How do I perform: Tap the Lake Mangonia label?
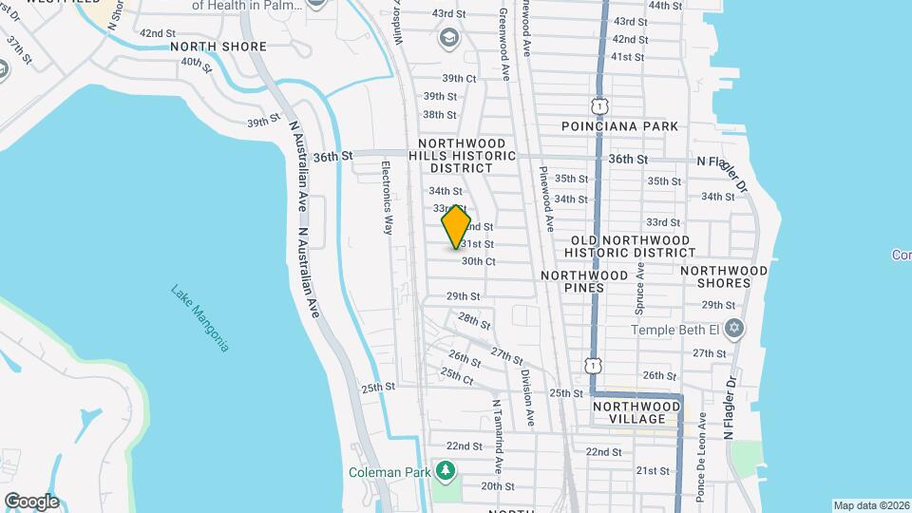[x=200, y=318]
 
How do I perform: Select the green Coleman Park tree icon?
[x=445, y=471]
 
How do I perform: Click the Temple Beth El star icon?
[x=732, y=330]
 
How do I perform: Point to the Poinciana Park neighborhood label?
[x=619, y=126]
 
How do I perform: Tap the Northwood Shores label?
[x=724, y=276]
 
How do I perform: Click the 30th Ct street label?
[x=479, y=261]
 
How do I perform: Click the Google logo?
[x=31, y=502]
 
